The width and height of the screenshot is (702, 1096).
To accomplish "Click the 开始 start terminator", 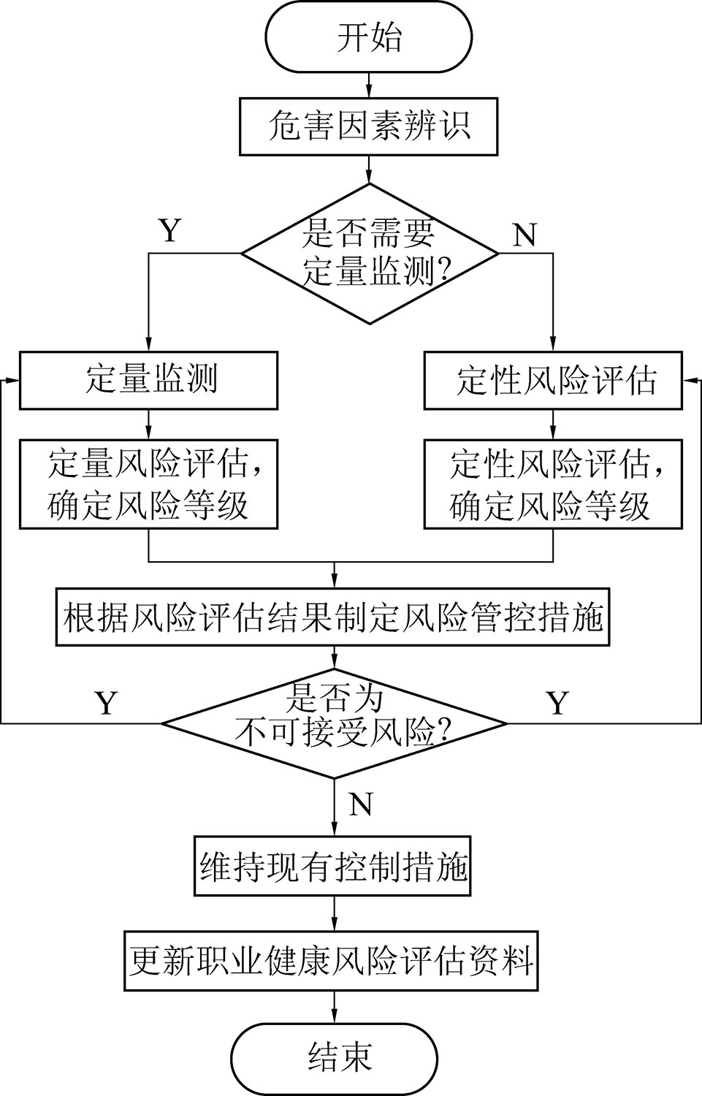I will click(369, 37).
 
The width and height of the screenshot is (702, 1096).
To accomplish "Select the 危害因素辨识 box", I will click(369, 126).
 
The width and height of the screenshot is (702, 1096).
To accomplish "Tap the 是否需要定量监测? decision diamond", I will click(370, 254).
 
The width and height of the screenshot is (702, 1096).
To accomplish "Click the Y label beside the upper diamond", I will click(169, 231).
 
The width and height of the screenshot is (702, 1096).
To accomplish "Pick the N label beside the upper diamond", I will click(524, 235).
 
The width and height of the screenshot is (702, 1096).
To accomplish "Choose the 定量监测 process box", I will click(148, 381).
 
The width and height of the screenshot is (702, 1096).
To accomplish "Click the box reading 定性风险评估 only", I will click(553, 381).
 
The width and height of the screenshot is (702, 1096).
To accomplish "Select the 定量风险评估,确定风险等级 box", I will click(148, 484).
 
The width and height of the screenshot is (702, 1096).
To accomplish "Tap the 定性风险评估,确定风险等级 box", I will click(553, 484).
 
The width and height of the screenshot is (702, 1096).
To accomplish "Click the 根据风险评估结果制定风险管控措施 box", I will click(334, 618).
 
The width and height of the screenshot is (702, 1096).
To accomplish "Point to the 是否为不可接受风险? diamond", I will click(334, 723).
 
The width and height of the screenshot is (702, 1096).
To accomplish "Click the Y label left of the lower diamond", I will click(107, 703).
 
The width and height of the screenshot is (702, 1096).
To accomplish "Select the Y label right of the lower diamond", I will click(558, 703).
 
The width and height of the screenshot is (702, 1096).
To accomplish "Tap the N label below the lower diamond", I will click(361, 804).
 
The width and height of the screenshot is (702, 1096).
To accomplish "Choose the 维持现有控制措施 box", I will click(334, 866).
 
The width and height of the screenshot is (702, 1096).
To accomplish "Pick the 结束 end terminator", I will click(334, 1057).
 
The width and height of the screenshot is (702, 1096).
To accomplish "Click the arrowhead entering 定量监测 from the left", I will click(12, 381).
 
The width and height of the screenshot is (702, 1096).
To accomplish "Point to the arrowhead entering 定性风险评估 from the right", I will click(689, 381).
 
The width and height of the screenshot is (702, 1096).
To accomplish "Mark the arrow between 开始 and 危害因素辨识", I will click(369, 85).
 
